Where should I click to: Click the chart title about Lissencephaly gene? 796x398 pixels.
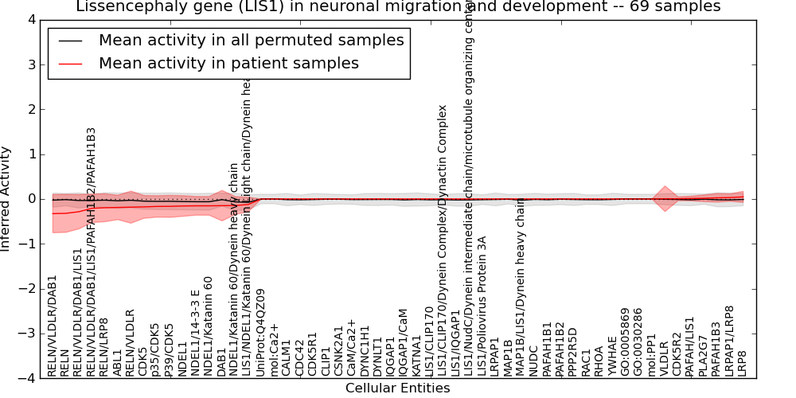coord(398,7)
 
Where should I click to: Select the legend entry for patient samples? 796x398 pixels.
coord(228,64)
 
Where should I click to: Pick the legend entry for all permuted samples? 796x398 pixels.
coord(251,40)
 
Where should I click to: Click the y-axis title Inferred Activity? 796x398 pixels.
coord(7,199)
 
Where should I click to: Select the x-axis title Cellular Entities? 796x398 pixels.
coord(397,388)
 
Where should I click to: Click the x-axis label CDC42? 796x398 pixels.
coord(299,358)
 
